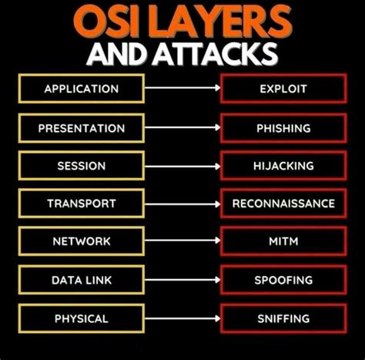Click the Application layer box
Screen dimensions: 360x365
(80, 89)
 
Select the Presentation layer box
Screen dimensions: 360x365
(80, 127)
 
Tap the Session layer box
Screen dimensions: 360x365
(80, 166)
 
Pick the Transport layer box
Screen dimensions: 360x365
(80, 204)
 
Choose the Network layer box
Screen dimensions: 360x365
(80, 241)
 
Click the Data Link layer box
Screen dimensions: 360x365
(80, 280)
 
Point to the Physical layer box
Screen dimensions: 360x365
(80, 318)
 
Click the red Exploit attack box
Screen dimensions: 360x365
(283, 89)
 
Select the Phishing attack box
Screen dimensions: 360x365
(283, 127)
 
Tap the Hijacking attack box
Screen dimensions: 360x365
(283, 166)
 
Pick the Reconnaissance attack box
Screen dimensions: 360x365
(283, 204)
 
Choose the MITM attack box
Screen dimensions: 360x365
(283, 241)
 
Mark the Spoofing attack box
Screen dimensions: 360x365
(283, 280)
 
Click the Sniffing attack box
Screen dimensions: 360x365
(283, 318)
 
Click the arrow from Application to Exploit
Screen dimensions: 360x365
(182, 89)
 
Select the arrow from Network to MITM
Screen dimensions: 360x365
(182, 241)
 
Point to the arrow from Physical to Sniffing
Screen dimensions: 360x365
(182, 318)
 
